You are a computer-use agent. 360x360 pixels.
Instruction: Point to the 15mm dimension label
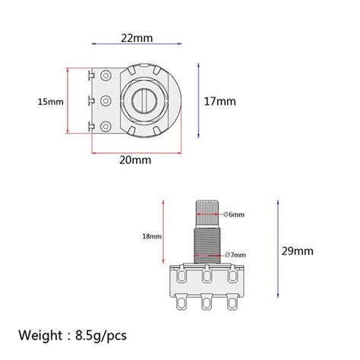pyautogui.click(x=50, y=101)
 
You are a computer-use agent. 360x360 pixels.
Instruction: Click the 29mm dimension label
pyautogui.click(x=298, y=251)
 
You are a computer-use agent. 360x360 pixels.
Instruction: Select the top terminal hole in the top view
pyautogui.click(x=105, y=77)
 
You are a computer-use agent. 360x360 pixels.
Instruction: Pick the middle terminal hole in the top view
pyautogui.click(x=105, y=100)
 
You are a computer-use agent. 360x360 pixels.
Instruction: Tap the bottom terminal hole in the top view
pyautogui.click(x=105, y=122)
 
